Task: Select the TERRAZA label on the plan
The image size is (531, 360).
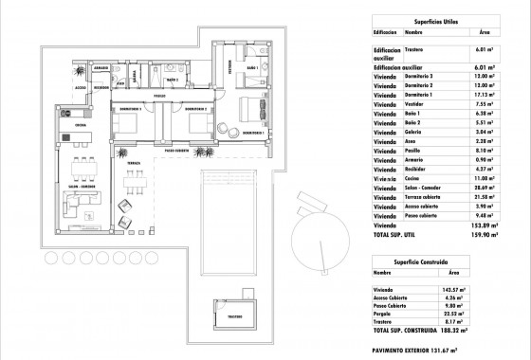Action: click(134, 164)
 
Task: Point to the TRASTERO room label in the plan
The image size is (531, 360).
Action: click(235, 316)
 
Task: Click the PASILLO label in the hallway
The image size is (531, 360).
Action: click(161, 96)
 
